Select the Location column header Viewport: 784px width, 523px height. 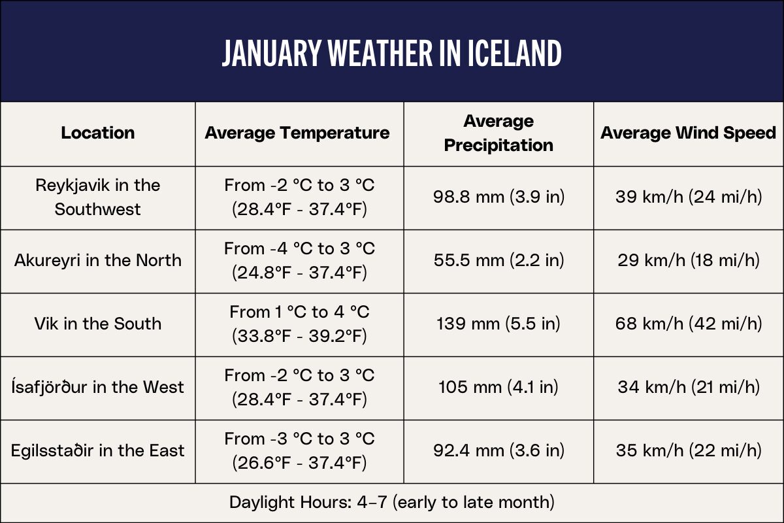pyautogui.click(x=98, y=133)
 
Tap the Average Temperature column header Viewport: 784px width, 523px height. pyautogui.click(x=297, y=133)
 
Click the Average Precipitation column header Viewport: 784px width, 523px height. pyautogui.click(x=498, y=133)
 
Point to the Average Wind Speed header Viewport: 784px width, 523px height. pyautogui.click(x=689, y=133)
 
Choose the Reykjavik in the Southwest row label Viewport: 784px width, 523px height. pyautogui.click(x=98, y=197)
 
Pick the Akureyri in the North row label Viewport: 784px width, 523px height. pyautogui.click(x=98, y=260)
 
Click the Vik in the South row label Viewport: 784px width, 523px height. pyautogui.click(x=98, y=324)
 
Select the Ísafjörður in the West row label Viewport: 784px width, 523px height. pyautogui.click(x=98, y=387)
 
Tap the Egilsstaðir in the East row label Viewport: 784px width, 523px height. pyautogui.click(x=98, y=450)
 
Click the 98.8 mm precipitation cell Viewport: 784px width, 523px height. pyautogui.click(x=498, y=197)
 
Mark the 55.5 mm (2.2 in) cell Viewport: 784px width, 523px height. pyautogui.click(x=498, y=260)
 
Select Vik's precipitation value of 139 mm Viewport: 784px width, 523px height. pyautogui.click(x=498, y=324)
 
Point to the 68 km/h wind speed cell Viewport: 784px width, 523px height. pyautogui.click(x=689, y=324)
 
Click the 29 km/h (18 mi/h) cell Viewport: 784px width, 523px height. pyautogui.click(x=689, y=260)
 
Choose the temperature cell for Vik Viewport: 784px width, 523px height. pyautogui.click(x=299, y=324)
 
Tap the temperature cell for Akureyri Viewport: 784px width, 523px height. pyautogui.click(x=299, y=260)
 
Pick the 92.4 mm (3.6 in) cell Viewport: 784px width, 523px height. pyautogui.click(x=498, y=450)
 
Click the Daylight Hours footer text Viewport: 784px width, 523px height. pyautogui.click(x=391, y=502)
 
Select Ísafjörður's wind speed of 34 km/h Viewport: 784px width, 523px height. pyautogui.click(x=689, y=387)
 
